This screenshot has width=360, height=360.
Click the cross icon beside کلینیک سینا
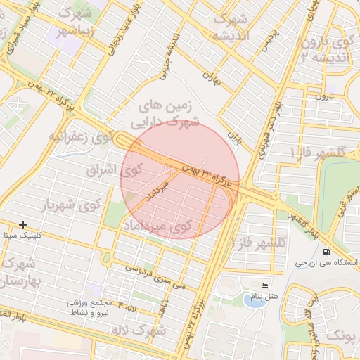[x=23, y=224]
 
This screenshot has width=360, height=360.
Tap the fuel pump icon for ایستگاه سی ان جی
[x=326, y=252]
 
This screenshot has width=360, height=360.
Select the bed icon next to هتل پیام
[x=264, y=285]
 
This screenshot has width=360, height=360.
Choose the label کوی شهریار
[x=71, y=205]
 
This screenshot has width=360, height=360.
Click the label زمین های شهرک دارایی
[x=169, y=112]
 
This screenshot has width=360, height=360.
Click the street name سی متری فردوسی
[x=155, y=276]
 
